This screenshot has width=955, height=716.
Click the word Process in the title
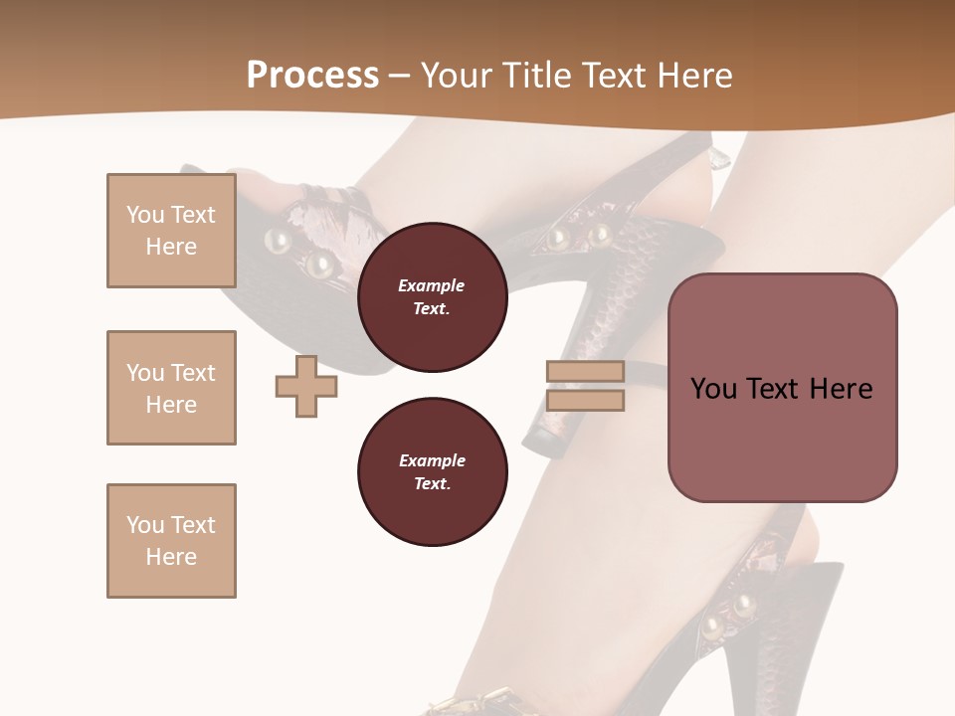coord(312,76)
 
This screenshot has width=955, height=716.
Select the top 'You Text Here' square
coord(171,231)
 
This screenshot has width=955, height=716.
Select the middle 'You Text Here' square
coord(171,388)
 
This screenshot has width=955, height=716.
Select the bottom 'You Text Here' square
coord(171,541)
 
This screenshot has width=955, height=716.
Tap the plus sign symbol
coord(305,386)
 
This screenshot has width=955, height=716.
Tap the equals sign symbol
coord(585,386)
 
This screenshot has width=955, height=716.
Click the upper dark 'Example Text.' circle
coord(432,297)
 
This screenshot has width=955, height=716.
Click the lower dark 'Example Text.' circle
coord(432,472)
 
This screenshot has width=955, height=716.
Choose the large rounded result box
coord(782,388)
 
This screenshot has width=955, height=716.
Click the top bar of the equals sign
coord(585,371)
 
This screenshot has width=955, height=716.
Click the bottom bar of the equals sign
coord(585,401)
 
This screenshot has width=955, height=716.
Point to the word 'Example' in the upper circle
coord(432,285)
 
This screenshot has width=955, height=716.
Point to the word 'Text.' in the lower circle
coord(432,484)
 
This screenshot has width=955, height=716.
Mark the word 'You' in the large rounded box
coord(713,389)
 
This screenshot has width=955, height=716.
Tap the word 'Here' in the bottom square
coord(171,557)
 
